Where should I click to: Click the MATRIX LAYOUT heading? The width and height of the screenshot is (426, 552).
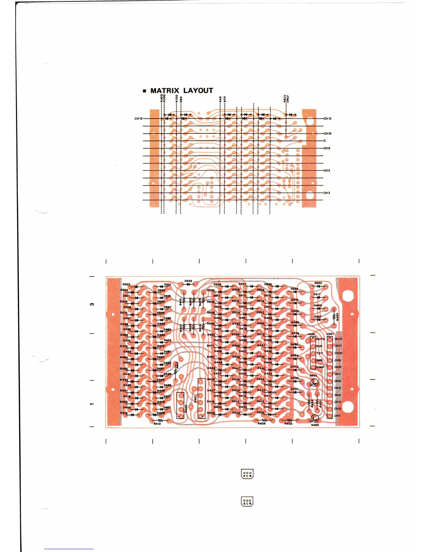pyautogui.click(x=181, y=91)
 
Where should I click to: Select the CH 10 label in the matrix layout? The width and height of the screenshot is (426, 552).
pyautogui.click(x=327, y=133)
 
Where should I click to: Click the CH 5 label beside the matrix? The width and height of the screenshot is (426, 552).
pyautogui.click(x=326, y=170)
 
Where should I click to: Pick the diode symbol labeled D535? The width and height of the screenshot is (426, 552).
pyautogui.click(x=188, y=284)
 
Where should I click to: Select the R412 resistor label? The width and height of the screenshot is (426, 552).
pyautogui.click(x=157, y=424)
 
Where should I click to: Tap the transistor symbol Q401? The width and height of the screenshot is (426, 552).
pyautogui.click(x=314, y=384)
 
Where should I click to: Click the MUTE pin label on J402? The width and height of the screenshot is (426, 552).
pyautogui.click(x=320, y=339)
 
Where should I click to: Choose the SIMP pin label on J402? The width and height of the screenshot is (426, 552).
pyautogui.click(x=320, y=367)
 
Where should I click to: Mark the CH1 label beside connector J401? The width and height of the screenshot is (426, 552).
pyautogui.click(x=337, y=416)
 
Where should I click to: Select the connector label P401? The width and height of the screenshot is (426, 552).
pyautogui.click(x=195, y=399)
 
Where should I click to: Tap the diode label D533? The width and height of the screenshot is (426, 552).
pyautogui.click(x=126, y=284)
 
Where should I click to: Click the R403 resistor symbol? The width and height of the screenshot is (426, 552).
pyautogui.click(x=288, y=420)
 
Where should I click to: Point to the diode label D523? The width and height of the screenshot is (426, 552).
pyautogui.click(x=318, y=283)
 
